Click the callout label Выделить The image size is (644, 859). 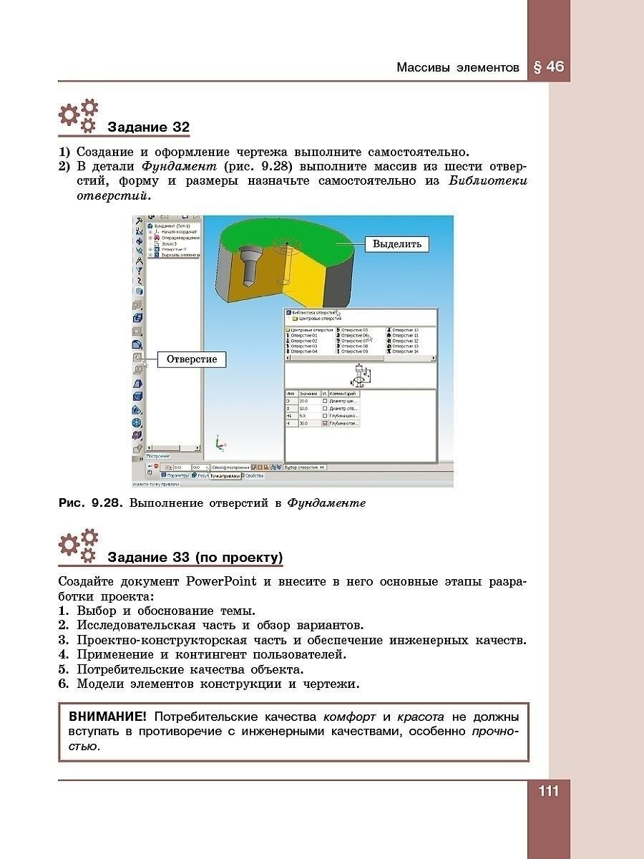(397, 244)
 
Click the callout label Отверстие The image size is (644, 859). (192, 359)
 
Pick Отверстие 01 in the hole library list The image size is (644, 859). (304, 336)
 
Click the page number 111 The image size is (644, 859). (548, 792)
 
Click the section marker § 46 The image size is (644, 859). (549, 67)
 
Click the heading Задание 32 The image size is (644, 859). (148, 128)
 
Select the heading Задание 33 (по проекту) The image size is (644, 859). (195, 558)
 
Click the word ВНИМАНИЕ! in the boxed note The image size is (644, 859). (107, 717)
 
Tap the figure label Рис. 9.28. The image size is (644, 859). (91, 503)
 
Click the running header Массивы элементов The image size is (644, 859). (458, 68)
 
